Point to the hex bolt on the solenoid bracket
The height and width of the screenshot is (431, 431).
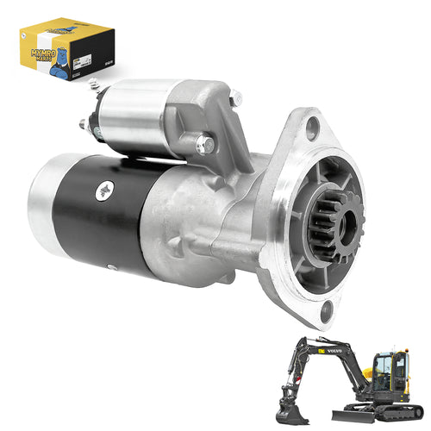point(204,145)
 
